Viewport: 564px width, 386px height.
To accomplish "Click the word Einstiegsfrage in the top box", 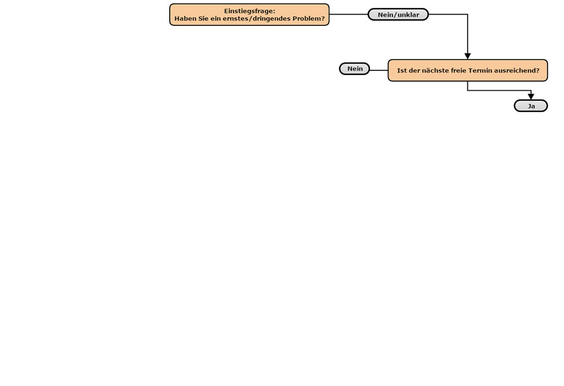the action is pyautogui.click(x=249, y=11).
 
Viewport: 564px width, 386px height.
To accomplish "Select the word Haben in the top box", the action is pyautogui.click(x=185, y=19).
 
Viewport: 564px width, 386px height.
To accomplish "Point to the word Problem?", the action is pyautogui.click(x=309, y=19).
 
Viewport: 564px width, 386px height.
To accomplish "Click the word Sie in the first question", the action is pyautogui.click(x=203, y=19).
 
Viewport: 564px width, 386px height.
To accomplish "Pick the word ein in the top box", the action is pyautogui.click(x=215, y=19).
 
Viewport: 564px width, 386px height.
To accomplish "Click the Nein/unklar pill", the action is pyautogui.click(x=398, y=15).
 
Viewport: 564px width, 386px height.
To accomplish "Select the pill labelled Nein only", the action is pyautogui.click(x=355, y=69).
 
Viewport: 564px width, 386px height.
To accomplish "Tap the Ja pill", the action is pyautogui.click(x=531, y=106).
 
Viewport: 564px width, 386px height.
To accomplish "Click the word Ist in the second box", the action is pyautogui.click(x=402, y=70).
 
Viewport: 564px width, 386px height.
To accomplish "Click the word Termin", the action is pyautogui.click(x=480, y=70).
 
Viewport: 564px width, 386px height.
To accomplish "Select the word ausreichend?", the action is pyautogui.click(x=517, y=70).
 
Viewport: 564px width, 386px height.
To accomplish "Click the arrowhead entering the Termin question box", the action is pyautogui.click(x=468, y=56).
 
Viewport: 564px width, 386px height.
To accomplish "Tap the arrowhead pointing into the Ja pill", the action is pyautogui.click(x=531, y=97).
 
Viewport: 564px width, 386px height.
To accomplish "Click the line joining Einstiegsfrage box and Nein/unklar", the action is pyautogui.click(x=349, y=15).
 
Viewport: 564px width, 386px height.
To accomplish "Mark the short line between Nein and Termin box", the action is pyautogui.click(x=379, y=70).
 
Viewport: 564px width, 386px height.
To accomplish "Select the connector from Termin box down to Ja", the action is pyautogui.click(x=499, y=91).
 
